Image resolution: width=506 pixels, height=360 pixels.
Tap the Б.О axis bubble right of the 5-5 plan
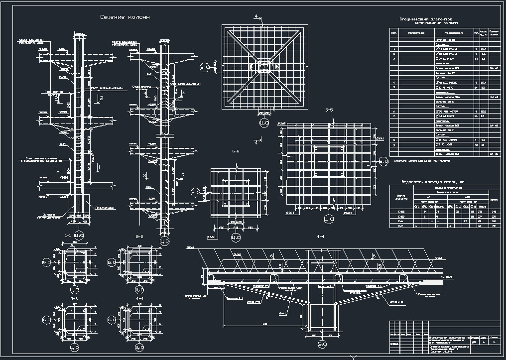click(383, 161)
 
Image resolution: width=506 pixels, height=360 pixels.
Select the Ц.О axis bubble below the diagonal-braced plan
click(264, 122)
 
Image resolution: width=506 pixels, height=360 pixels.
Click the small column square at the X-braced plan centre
click(264, 66)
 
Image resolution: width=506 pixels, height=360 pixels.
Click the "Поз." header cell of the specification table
click(394, 33)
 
